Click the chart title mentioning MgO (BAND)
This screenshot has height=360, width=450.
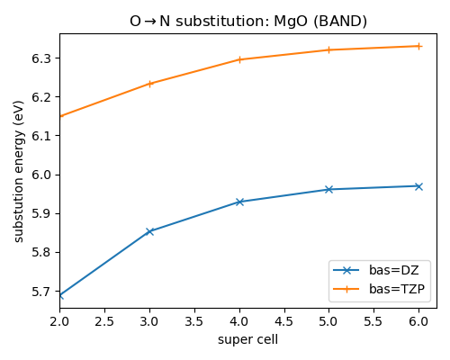click(248, 21)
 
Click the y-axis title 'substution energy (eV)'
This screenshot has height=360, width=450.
click(19, 171)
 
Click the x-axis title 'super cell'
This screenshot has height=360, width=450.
click(248, 339)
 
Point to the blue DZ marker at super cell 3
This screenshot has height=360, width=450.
click(149, 231)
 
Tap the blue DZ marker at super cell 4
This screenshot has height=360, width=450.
click(239, 202)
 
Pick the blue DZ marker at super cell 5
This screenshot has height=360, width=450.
click(328, 189)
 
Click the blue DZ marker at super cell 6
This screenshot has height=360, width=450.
click(418, 186)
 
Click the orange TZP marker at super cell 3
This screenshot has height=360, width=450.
click(149, 84)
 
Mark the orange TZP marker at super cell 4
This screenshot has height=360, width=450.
click(239, 59)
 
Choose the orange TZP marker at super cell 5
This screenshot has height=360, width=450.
click(328, 49)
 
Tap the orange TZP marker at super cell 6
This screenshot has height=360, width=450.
click(418, 46)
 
